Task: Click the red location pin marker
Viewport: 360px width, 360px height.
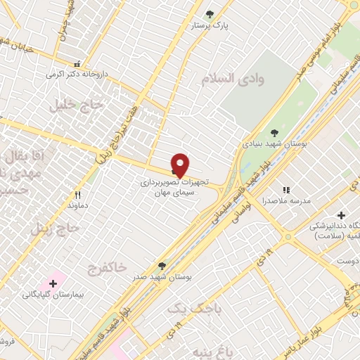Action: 180,165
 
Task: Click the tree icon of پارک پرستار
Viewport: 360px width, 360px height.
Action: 209,13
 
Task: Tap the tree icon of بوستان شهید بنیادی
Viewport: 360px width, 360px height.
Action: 274,132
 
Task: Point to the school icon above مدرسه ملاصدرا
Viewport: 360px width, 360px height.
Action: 285,189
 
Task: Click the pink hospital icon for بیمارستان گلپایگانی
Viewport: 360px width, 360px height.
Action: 53,282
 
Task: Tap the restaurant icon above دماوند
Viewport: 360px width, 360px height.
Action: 78,195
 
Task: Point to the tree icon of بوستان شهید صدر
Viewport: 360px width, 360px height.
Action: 162,265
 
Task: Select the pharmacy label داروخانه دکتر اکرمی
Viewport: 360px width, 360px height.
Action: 76,73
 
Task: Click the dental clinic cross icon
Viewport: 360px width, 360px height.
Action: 341,214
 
